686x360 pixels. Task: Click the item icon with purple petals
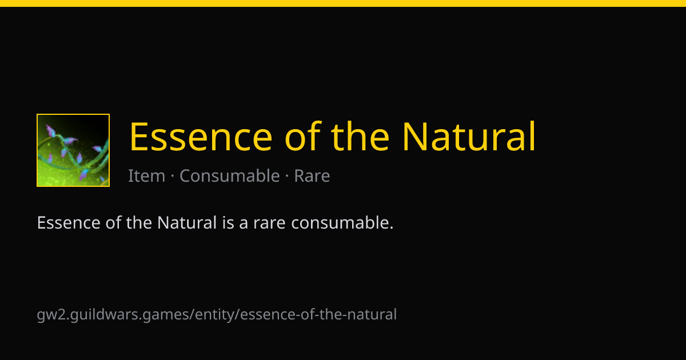tap(73, 150)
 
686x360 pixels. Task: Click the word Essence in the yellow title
tap(201, 137)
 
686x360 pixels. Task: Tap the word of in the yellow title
tap(303, 136)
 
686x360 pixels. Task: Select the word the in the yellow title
tap(361, 136)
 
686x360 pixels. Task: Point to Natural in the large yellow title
tap(469, 136)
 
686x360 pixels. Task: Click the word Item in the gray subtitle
tap(147, 176)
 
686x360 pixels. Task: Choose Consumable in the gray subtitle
tap(230, 176)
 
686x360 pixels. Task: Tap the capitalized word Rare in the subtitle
tap(312, 176)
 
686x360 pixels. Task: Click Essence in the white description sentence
tap(69, 222)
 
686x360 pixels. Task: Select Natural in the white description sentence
tap(187, 222)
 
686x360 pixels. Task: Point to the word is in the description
tap(228, 222)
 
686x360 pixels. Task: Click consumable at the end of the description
tap(340, 222)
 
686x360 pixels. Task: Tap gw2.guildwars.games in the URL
tap(113, 315)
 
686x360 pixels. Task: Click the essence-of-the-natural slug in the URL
tap(318, 314)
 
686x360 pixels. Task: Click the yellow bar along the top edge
tap(343, 3)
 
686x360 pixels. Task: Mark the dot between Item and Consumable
tap(173, 176)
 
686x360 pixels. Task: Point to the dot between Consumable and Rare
tap(287, 176)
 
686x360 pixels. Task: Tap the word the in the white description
tap(139, 222)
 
